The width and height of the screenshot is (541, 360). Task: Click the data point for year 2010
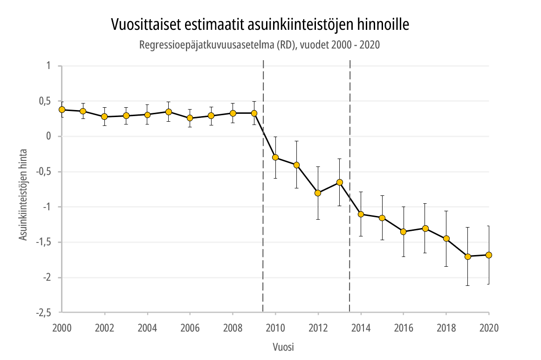[275, 158]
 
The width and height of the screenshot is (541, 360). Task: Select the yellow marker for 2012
[318, 193]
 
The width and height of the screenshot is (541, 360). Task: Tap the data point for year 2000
[62, 110]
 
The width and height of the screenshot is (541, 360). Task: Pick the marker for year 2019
[467, 256]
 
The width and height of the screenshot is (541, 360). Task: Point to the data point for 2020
[489, 255]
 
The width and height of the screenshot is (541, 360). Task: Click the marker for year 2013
[339, 182]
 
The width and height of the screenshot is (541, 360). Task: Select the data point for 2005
[169, 112]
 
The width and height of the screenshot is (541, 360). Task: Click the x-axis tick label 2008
[233, 328]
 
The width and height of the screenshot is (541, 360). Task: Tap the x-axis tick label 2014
[361, 328]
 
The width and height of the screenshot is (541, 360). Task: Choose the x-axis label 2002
[104, 328]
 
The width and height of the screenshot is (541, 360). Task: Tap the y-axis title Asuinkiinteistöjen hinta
[23, 195]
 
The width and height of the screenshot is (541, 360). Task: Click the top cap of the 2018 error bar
[446, 211]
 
